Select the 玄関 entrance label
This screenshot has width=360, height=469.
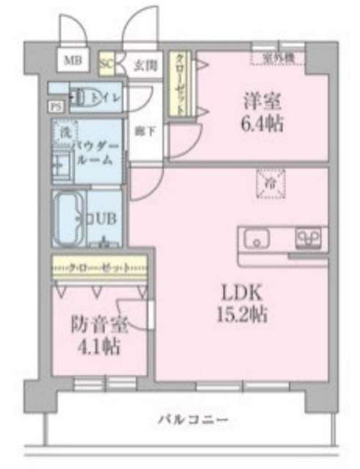(x=143, y=64)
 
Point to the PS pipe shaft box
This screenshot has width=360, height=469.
(x=56, y=106)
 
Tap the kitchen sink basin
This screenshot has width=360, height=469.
(x=257, y=239)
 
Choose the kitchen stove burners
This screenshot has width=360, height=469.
(x=309, y=238)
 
